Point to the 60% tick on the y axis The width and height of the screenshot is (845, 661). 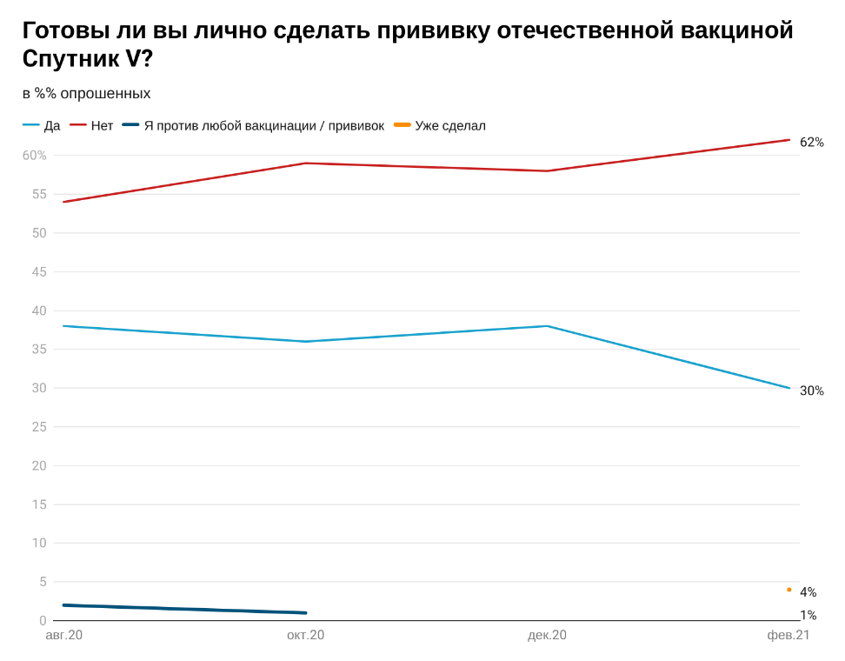(35, 156)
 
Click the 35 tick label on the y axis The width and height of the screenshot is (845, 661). (39, 350)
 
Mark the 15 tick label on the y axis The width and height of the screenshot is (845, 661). (39, 504)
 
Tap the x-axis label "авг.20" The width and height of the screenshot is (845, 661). (64, 636)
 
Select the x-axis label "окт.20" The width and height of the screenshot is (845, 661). (305, 636)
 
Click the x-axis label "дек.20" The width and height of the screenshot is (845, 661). (547, 636)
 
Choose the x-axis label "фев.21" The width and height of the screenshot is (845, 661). (788, 636)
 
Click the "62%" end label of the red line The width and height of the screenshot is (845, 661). (811, 142)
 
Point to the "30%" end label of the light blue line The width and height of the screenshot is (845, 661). (811, 391)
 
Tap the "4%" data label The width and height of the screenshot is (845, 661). (808, 592)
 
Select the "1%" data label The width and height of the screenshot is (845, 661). (808, 615)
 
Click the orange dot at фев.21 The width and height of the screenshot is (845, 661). (789, 590)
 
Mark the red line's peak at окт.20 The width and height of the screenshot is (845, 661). (306, 164)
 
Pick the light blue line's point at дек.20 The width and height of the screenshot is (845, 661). (547, 326)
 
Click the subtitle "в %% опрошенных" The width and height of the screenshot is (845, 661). (87, 93)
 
